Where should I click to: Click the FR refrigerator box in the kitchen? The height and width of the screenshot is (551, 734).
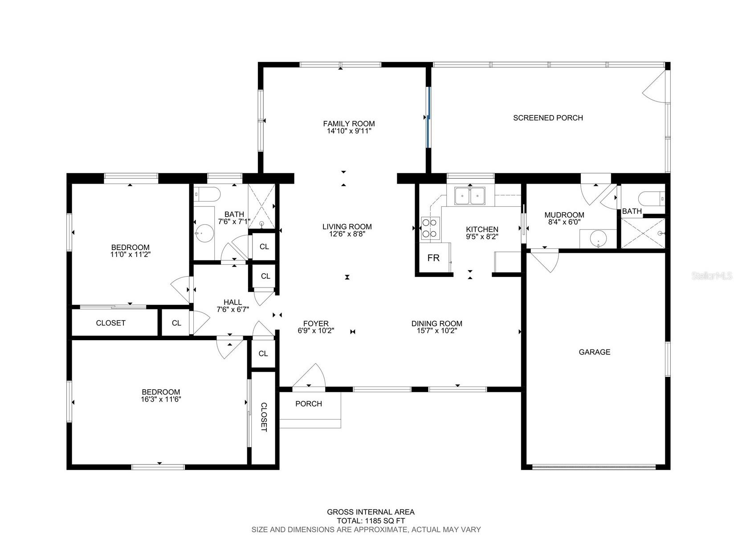click(433, 258)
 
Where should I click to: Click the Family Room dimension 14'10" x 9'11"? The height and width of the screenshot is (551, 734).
click(349, 131)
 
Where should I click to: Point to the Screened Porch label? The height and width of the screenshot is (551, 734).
click(548, 118)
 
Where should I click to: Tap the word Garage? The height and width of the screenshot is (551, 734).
click(594, 352)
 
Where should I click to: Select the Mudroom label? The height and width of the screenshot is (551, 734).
click(564, 215)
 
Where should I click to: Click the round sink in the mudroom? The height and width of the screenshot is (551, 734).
click(597, 239)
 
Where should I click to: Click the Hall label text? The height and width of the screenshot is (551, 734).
click(232, 302)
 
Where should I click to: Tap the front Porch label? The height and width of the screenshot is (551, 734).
click(308, 403)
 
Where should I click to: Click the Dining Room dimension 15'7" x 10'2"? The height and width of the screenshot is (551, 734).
click(436, 331)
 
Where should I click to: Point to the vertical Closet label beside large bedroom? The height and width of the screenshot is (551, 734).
click(264, 417)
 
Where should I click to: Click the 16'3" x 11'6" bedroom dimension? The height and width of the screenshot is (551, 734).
click(161, 399)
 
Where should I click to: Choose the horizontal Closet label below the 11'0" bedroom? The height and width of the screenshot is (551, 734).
click(110, 323)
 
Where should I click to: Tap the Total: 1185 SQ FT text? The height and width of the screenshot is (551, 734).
click(371, 521)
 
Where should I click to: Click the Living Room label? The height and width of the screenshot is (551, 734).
click(347, 226)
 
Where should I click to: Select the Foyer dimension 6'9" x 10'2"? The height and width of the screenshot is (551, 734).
click(316, 331)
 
